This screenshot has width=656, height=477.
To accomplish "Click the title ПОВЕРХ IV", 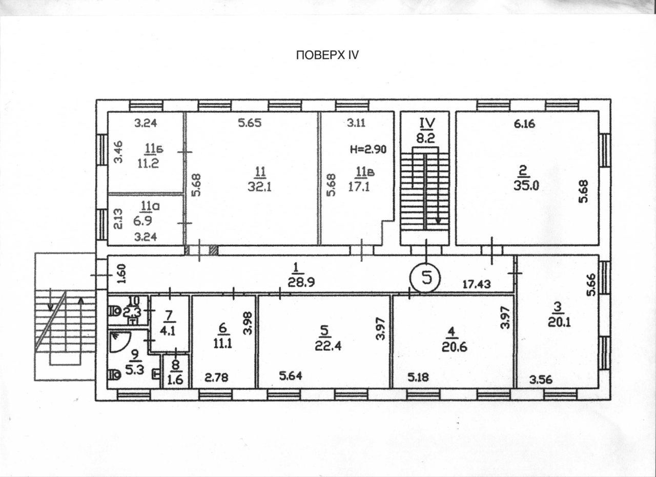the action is coord(327,55).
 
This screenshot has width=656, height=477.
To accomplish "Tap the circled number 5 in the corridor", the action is coord(425,278).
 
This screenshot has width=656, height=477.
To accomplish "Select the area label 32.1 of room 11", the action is coord(260,187).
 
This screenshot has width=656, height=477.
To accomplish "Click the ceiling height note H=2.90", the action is coord(368,150).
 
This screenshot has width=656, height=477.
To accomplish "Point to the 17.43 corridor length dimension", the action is coord(477,284).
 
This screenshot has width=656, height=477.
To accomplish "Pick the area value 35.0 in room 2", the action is coord(526,186).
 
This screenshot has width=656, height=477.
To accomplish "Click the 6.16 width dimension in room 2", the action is coord(524,124).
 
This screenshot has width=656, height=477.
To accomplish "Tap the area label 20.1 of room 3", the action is coord(559,323).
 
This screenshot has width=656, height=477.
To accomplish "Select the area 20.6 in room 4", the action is coord(455,347).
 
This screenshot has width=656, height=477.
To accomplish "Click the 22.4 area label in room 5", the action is coord(329,346).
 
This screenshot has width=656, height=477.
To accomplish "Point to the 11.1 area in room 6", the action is coord(223,343).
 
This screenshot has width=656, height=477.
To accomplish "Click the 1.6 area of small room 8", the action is coord(176,380).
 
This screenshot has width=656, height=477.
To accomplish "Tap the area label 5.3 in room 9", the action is coord(135,370).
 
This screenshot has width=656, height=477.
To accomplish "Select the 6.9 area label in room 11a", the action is coord(143,221).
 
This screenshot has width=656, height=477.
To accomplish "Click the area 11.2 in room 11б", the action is coord(148,163).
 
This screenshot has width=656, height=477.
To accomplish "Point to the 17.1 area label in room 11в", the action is coord(359,186).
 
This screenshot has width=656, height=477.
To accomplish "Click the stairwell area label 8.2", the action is coord(426,137).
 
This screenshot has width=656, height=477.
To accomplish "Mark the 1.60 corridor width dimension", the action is coord(122,274).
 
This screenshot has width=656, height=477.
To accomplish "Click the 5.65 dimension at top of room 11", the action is coord(250,123).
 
